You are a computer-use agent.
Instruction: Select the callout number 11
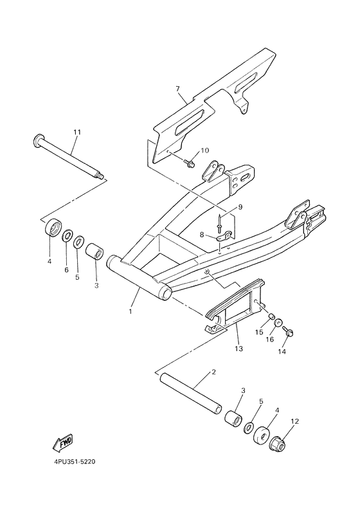click(77, 132)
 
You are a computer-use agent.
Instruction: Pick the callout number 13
click(237, 349)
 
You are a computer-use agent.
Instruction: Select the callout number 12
click(295, 422)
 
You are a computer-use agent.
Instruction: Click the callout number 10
click(205, 150)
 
